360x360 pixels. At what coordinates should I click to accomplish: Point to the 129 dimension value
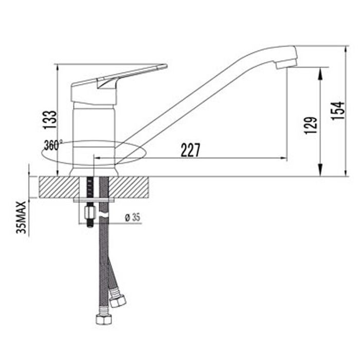tap(310, 125)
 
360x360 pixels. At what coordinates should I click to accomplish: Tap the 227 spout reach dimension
tap(190, 150)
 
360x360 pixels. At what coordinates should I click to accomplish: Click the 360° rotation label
tap(53, 146)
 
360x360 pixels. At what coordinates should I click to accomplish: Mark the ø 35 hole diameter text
tap(132, 218)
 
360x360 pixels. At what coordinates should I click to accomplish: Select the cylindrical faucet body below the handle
tap(94, 129)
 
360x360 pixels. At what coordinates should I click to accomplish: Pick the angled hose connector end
tap(118, 300)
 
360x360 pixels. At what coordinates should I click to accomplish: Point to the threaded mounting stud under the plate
tap(89, 214)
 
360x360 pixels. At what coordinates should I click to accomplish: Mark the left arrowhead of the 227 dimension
tap(98, 158)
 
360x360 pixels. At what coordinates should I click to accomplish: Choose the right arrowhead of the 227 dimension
tap(283, 158)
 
